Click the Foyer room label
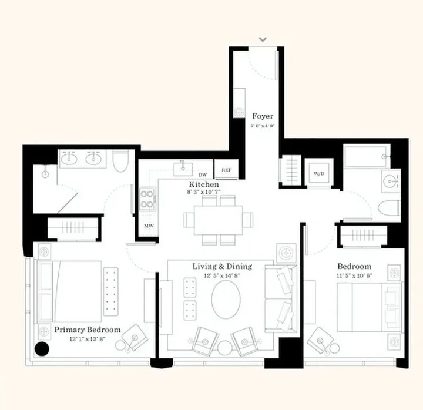point(263,116)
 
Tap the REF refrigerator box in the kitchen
point(226,170)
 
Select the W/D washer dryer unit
point(319,174)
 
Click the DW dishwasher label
point(203,175)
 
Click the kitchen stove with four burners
point(148,199)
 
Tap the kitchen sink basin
point(183,169)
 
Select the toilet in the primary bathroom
point(120,161)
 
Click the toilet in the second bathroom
point(389,209)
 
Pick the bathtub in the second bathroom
point(367,156)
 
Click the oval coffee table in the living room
point(226,297)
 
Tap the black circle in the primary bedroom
point(42,349)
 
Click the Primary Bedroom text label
point(88,330)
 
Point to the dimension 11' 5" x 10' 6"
point(354,275)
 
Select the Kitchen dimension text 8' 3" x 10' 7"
point(204,192)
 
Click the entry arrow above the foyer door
point(263,39)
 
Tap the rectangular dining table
point(218,220)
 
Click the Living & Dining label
point(222,267)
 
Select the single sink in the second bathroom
point(391,181)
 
